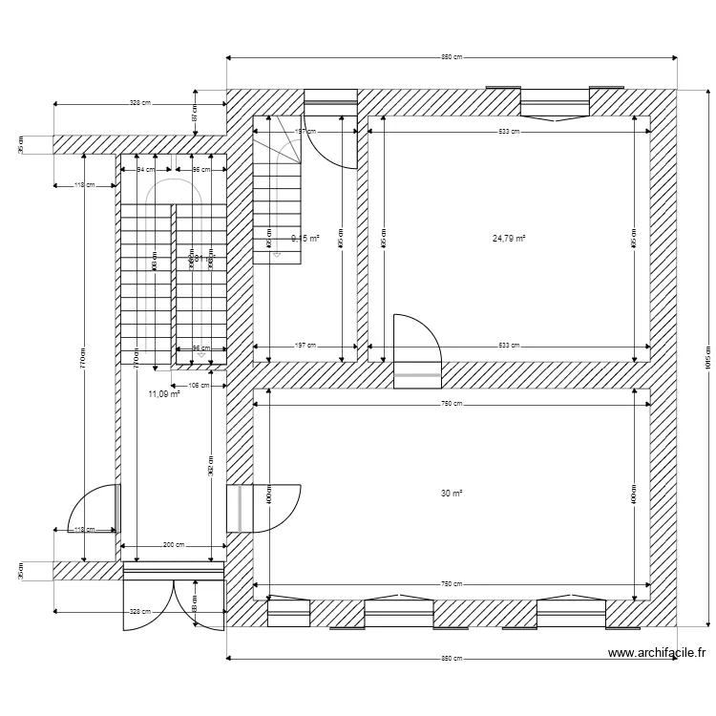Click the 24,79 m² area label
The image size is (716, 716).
pyautogui.click(x=509, y=239)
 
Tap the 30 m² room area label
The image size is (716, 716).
pyautogui.click(x=452, y=494)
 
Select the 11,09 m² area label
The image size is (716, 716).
pyautogui.click(x=163, y=393)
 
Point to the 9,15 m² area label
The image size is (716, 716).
pyautogui.click(x=305, y=239)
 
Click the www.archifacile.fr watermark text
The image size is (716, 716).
pyautogui.click(x=657, y=653)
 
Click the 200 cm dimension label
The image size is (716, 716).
pyautogui.click(x=173, y=544)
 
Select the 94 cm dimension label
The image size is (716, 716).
pyautogui.click(x=146, y=169)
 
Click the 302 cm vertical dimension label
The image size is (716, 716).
pyautogui.click(x=210, y=465)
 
